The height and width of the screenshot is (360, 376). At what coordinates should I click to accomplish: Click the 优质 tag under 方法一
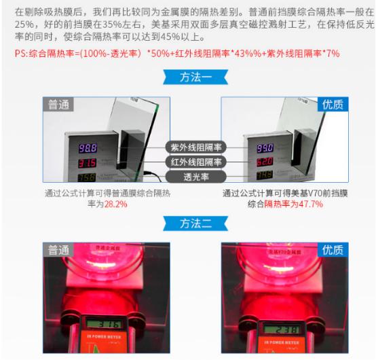[333, 104]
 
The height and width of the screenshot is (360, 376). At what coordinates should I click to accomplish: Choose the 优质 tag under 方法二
[333, 249]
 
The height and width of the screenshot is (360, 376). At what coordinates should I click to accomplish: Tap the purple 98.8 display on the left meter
[88, 147]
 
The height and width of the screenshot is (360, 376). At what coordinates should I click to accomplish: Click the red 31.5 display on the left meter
[88, 163]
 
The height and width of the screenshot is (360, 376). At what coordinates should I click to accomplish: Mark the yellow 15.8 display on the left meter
[88, 178]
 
